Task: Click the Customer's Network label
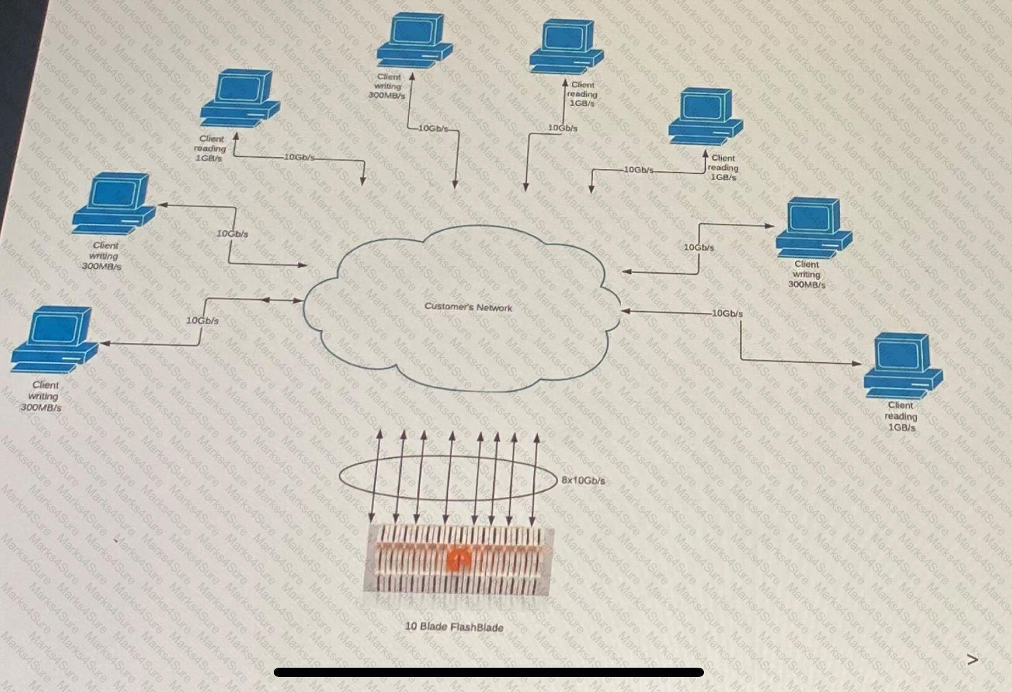click(x=468, y=307)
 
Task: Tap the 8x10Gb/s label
click(x=583, y=480)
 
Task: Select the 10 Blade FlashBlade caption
click(x=453, y=627)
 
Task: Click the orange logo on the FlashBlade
click(x=458, y=560)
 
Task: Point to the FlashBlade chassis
click(x=458, y=560)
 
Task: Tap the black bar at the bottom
click(x=488, y=672)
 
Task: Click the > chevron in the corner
click(x=973, y=660)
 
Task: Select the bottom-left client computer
click(x=54, y=339)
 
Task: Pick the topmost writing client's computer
click(x=414, y=41)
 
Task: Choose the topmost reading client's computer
click(x=566, y=47)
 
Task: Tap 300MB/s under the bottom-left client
click(x=41, y=408)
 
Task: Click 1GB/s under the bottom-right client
click(x=902, y=427)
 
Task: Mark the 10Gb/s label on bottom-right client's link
click(x=727, y=313)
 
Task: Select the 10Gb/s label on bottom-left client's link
click(x=203, y=320)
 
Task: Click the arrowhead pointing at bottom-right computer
click(x=857, y=363)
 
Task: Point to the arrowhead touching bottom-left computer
click(x=105, y=344)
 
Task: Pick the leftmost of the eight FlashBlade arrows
click(x=375, y=476)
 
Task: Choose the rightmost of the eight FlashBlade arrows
click(x=534, y=479)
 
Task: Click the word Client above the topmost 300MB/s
click(x=388, y=77)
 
